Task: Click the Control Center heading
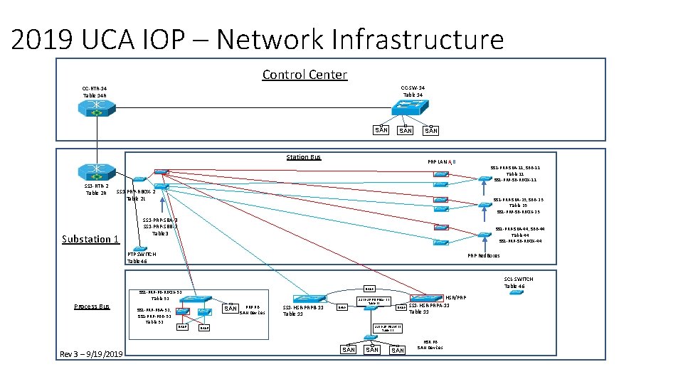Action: tap(305, 75)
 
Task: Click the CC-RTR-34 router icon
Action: tap(94, 107)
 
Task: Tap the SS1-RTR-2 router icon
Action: tap(94, 172)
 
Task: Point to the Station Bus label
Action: tap(303, 157)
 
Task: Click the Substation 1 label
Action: tap(90, 239)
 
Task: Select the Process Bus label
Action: tap(92, 306)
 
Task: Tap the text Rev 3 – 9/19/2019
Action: tap(92, 354)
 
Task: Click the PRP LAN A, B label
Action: tap(447, 162)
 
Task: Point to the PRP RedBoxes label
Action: tap(483, 256)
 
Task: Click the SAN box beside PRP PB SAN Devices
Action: tap(231, 309)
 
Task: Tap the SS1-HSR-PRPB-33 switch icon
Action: tap(309, 298)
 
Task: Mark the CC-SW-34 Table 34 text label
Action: tap(413, 91)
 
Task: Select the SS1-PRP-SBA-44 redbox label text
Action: tap(520, 228)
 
